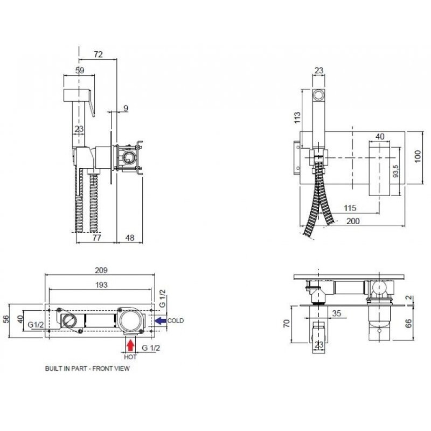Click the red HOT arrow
pos(130,345)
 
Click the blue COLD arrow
pos(161,321)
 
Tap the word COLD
pos(176,321)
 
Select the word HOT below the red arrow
pos(130,357)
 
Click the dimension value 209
pos(101,270)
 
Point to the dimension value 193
pos(101,285)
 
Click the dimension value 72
pos(98,54)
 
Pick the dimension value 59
pos(80,71)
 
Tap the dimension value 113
pos(297,117)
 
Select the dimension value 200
pos(353,221)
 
